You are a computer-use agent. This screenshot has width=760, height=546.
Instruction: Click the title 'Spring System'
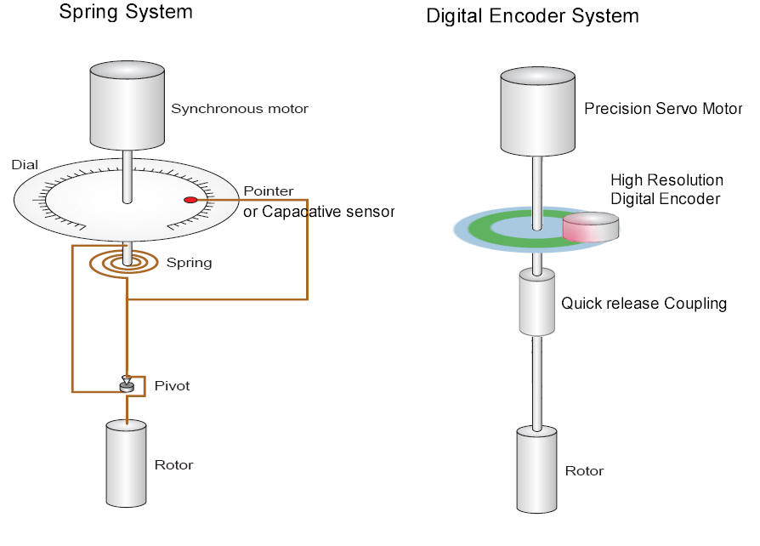[125, 12]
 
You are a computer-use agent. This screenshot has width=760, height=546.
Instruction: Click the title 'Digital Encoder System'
[532, 15]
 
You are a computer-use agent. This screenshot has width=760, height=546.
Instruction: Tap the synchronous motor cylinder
[127, 106]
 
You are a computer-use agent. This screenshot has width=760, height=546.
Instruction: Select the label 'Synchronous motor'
[239, 109]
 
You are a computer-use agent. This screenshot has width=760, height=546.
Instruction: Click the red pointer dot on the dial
[190, 200]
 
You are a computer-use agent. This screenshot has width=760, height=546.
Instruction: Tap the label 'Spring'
[189, 263]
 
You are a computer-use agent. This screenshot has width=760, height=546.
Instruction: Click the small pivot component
[127, 385]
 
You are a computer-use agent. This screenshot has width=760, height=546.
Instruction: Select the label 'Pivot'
[172, 386]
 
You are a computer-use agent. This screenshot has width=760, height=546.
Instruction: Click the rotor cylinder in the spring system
[127, 464]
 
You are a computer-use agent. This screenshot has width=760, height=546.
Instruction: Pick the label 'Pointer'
[268, 191]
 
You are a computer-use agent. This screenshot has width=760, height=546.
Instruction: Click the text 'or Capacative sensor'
[318, 211]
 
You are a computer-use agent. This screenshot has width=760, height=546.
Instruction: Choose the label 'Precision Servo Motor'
[650, 109]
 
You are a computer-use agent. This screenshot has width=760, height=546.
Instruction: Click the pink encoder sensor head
[590, 228]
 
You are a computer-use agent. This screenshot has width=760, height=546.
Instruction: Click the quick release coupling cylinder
[536, 302]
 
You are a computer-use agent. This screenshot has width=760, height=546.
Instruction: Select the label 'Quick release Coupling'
[644, 304]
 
